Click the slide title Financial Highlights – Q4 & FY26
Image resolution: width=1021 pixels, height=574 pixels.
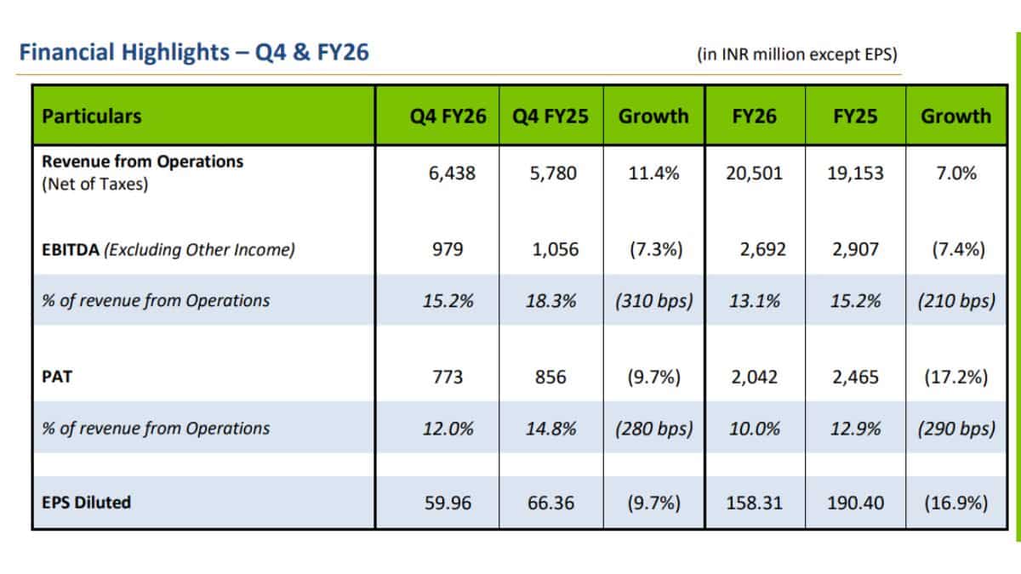[x=194, y=52]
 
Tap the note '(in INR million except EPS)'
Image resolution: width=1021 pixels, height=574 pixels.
[x=797, y=54]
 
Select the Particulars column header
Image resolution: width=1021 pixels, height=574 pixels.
[x=92, y=117]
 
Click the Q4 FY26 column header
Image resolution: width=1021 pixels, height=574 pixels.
[x=448, y=117]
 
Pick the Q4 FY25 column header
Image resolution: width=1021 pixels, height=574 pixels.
[x=550, y=117]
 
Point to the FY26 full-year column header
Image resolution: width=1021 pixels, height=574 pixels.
[x=755, y=117]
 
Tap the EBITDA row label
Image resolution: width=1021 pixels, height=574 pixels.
[x=168, y=250]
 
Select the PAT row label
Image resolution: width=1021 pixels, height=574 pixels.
[x=57, y=377]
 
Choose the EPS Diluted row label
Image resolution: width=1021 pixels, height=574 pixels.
[x=86, y=503]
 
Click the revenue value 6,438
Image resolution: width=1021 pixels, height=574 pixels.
[x=452, y=173]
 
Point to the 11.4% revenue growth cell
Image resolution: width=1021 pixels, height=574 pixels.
[x=653, y=173]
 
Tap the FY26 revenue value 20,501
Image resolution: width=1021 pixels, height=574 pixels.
[x=755, y=173]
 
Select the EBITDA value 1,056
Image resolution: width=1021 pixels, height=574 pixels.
[x=555, y=249]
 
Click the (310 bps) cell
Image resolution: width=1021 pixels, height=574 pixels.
[x=654, y=301]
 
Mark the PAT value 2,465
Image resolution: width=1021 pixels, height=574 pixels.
[x=855, y=378]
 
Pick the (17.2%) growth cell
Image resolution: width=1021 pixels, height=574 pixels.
[x=956, y=378]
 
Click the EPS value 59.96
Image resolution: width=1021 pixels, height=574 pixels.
[x=448, y=503]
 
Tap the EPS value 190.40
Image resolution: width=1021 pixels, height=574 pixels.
[x=856, y=503]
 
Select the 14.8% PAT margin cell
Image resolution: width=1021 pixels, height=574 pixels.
[x=550, y=429]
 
